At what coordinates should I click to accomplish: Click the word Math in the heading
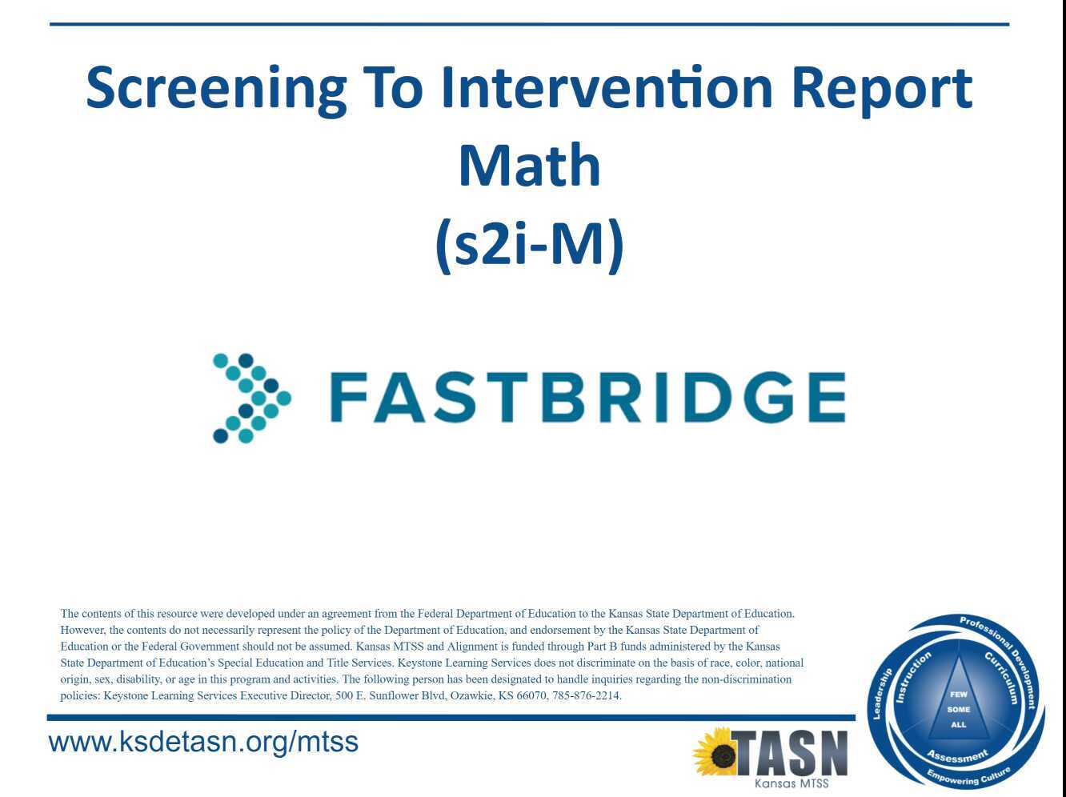[x=529, y=166]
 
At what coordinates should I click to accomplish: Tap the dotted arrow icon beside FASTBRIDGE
[x=250, y=398]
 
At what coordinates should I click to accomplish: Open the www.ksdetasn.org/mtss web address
[x=203, y=742]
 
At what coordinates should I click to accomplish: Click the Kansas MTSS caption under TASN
[x=791, y=784]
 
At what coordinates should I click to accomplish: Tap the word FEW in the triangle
[x=958, y=695]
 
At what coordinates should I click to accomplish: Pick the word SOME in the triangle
[x=958, y=710]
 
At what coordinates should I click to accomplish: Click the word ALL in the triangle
[x=958, y=725]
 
